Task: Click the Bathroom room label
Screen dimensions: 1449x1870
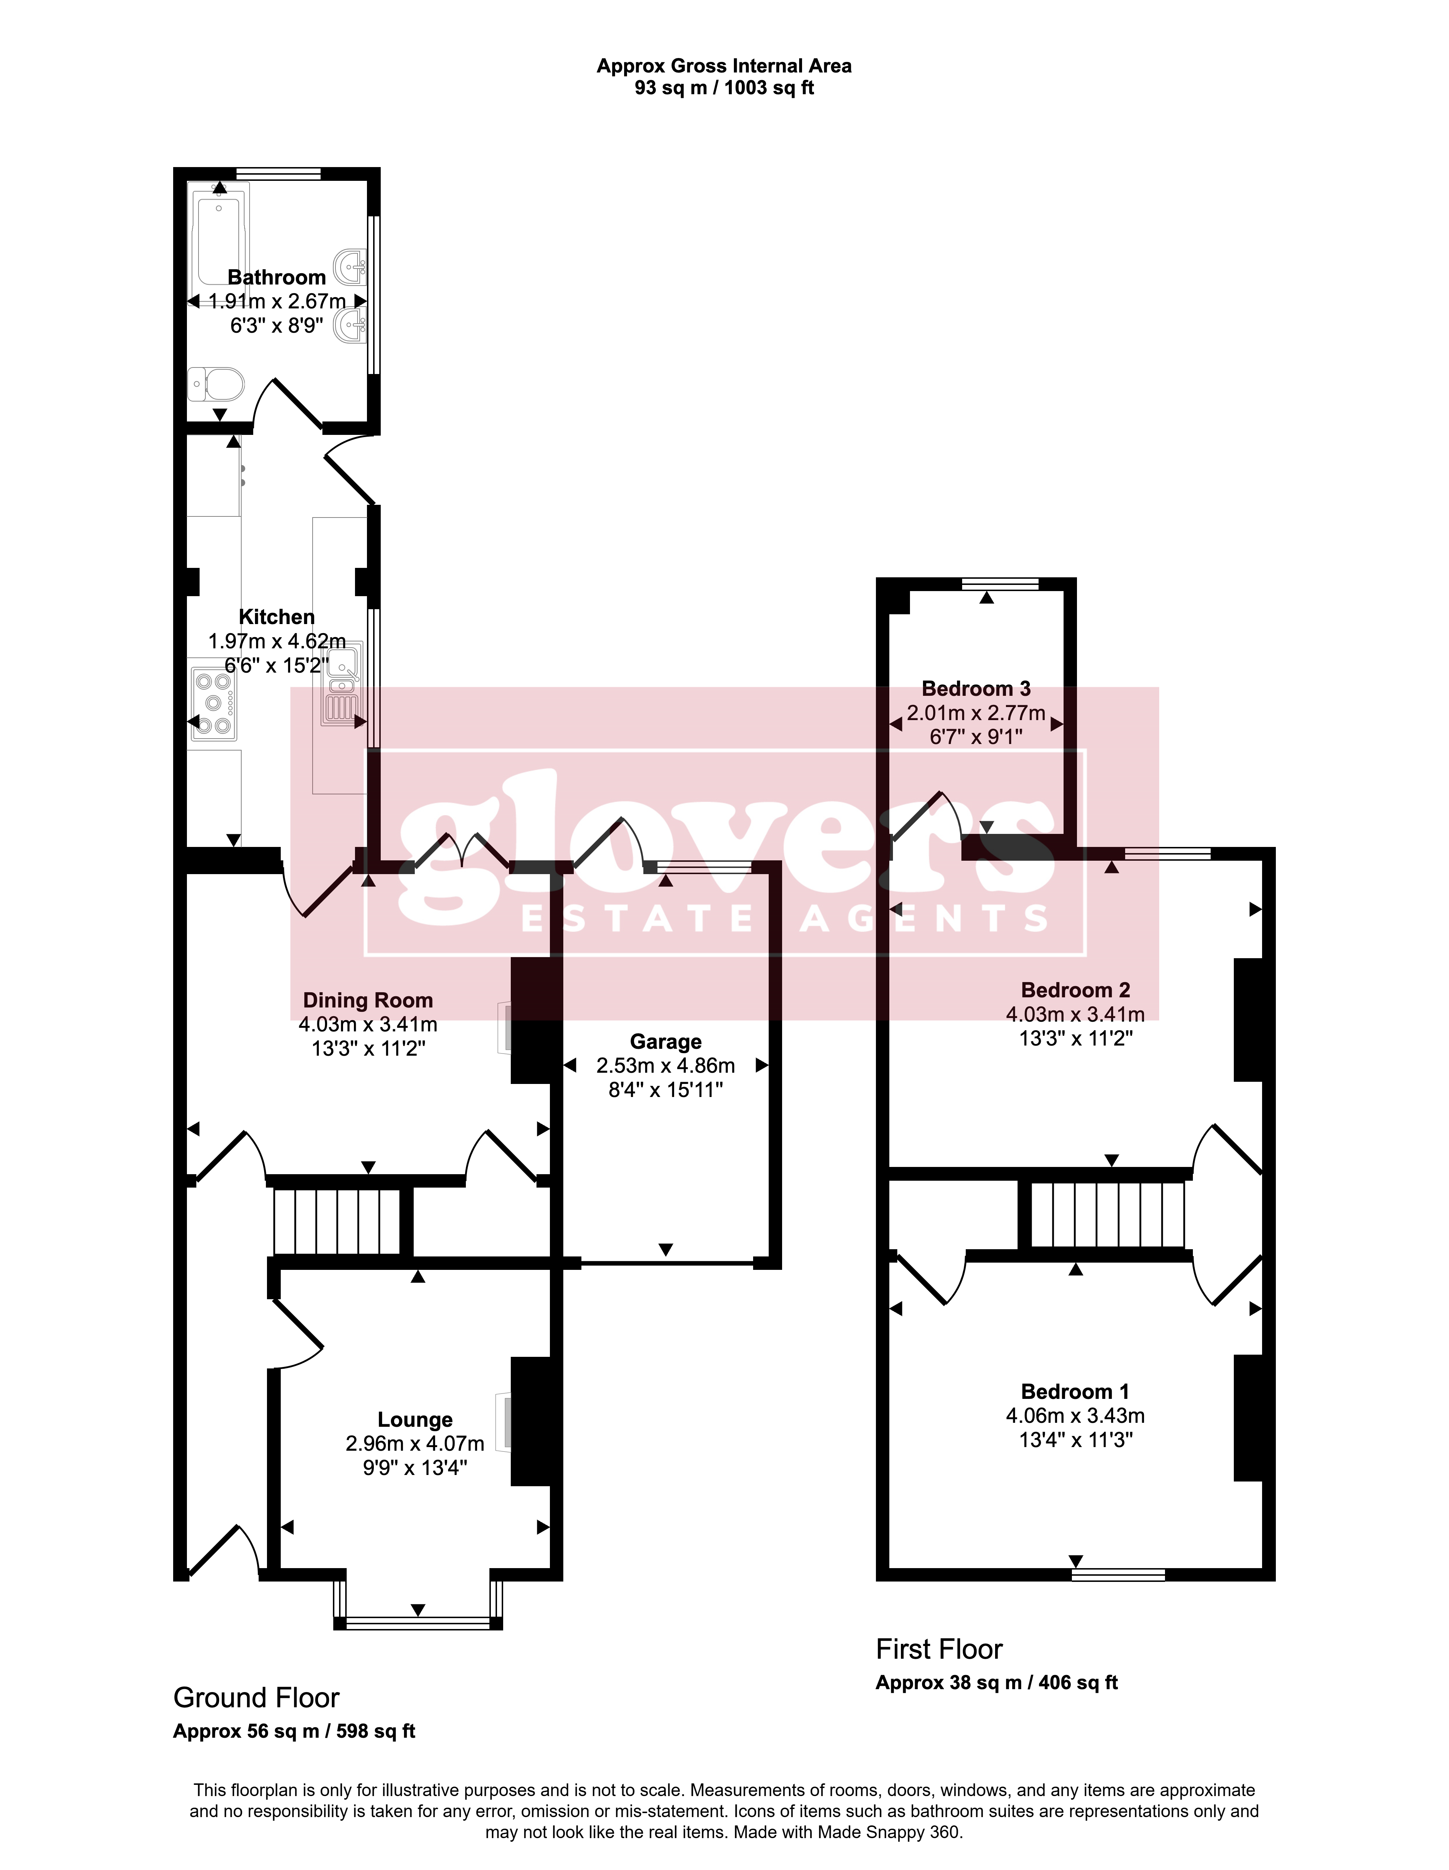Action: tap(276, 277)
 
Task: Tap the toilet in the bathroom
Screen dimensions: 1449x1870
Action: tap(217, 385)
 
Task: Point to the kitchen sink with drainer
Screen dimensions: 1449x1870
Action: tap(343, 685)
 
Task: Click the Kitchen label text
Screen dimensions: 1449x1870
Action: tap(276, 616)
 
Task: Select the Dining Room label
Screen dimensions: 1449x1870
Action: tap(368, 1000)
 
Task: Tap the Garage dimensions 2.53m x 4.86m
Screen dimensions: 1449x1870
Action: tap(666, 1065)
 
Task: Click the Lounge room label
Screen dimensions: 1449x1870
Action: tap(415, 1420)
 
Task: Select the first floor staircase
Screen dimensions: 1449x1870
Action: tap(1107, 1214)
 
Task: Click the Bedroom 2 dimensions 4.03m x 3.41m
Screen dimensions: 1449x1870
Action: tap(1075, 1014)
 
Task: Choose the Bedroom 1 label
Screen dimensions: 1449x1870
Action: tap(1075, 1391)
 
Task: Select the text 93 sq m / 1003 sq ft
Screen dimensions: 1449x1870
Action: tap(724, 87)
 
